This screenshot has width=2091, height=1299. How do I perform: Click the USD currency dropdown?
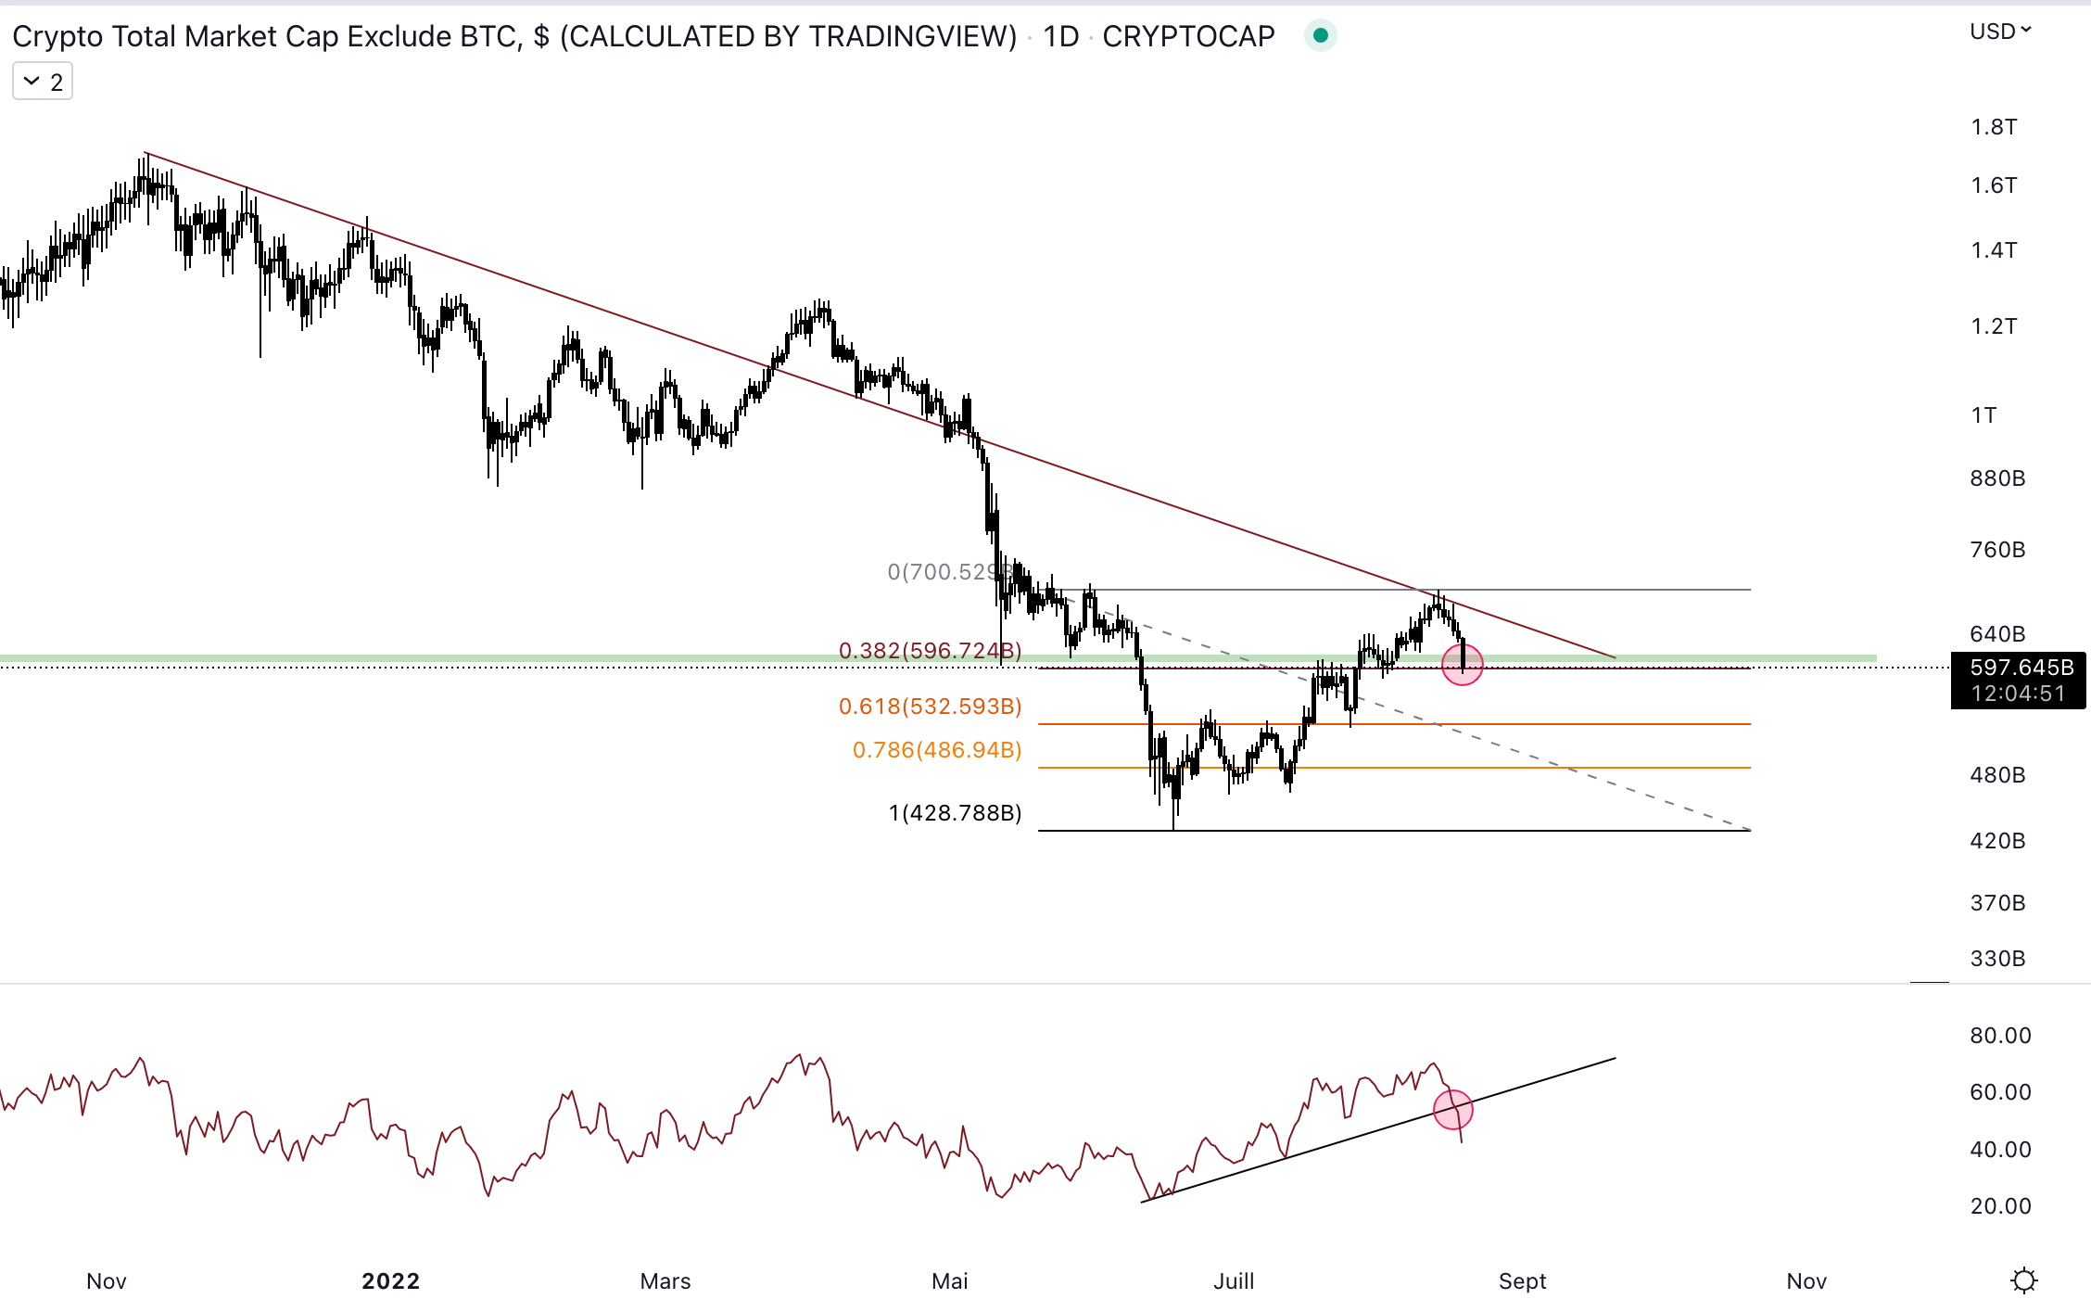1999,32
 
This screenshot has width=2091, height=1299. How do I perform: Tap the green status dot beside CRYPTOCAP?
1320,36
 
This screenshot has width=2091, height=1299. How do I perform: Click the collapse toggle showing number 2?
43,83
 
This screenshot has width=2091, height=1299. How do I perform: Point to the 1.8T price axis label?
1994,127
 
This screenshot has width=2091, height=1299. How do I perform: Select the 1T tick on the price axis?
1983,415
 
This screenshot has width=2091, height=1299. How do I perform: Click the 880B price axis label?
1997,478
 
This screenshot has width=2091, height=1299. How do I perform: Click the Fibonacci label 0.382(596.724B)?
930,651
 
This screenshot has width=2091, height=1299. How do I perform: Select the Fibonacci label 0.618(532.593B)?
930,707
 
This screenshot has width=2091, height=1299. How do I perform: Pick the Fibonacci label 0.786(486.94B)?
936,750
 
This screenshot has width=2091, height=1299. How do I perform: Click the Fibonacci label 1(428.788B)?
955,813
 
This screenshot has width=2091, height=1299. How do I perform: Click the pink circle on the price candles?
1463,665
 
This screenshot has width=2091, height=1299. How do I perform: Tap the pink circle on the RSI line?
1452,1109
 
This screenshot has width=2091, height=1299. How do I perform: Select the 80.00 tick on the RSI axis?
2000,1036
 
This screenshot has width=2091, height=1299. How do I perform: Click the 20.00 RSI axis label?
2000,1206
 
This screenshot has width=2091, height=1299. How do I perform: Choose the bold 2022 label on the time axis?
390,1281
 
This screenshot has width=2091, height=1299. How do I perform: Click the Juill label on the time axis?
1234,1281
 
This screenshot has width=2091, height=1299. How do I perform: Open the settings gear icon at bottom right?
2023,1280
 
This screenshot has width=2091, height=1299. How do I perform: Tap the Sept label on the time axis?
1522,1281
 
